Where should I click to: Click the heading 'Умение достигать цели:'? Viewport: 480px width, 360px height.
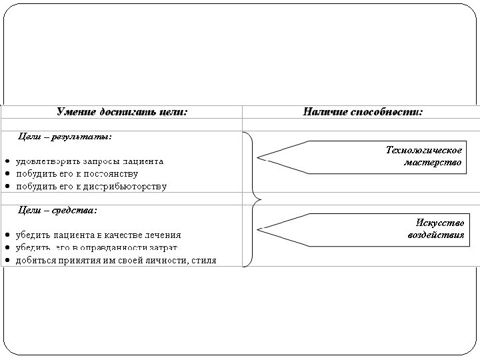click(x=122, y=112)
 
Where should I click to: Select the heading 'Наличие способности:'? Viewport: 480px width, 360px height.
click(x=363, y=112)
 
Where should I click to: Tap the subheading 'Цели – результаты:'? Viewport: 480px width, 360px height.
click(x=65, y=137)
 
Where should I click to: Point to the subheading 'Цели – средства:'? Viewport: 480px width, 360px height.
click(x=57, y=210)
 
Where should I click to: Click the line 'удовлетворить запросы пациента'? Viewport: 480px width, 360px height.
click(x=89, y=161)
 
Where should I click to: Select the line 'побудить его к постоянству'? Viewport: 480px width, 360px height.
click(x=78, y=173)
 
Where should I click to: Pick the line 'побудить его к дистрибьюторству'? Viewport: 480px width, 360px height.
click(x=91, y=186)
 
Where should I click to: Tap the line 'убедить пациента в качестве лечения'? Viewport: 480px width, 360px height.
click(x=98, y=235)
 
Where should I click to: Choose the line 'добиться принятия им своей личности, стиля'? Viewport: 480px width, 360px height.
click(x=115, y=260)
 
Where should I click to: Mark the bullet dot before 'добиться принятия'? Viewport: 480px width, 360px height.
click(x=6, y=260)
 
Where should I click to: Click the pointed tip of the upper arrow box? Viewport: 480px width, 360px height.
click(x=261, y=158)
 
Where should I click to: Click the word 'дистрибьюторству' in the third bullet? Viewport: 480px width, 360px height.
click(x=129, y=186)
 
